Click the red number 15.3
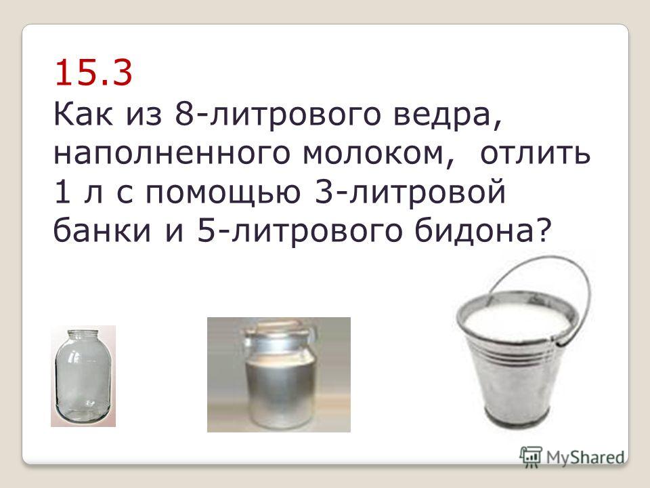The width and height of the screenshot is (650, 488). tap(93, 73)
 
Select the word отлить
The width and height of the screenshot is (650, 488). tap(535, 154)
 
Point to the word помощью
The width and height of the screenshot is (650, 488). tap(223, 192)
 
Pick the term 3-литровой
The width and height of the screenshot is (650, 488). tap(410, 192)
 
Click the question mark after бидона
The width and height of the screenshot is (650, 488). tap(544, 230)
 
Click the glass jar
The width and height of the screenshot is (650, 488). tap(83, 376)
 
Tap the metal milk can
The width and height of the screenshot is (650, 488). tap(279, 373)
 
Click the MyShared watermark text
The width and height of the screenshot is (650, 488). tap(585, 457)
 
